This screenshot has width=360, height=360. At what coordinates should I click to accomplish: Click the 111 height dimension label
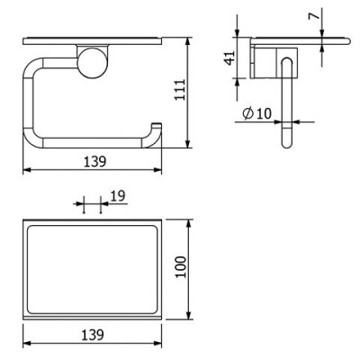pyautogui.click(x=181, y=90)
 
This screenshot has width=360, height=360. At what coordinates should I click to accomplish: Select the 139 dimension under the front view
pyautogui.click(x=94, y=162)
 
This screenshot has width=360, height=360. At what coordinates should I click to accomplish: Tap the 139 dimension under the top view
pyautogui.click(x=93, y=335)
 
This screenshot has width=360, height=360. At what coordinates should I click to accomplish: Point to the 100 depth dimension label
pyautogui.click(x=181, y=267)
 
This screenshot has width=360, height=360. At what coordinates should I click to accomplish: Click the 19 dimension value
pyautogui.click(x=118, y=196)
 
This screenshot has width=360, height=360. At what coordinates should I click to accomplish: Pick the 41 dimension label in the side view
pyautogui.click(x=229, y=58)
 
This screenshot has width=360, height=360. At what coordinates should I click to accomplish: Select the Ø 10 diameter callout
pyautogui.click(x=256, y=113)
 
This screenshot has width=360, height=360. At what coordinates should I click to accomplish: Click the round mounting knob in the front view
pyautogui.click(x=91, y=63)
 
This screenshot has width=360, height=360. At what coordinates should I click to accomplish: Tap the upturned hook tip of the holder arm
pyautogui.click(x=157, y=125)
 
